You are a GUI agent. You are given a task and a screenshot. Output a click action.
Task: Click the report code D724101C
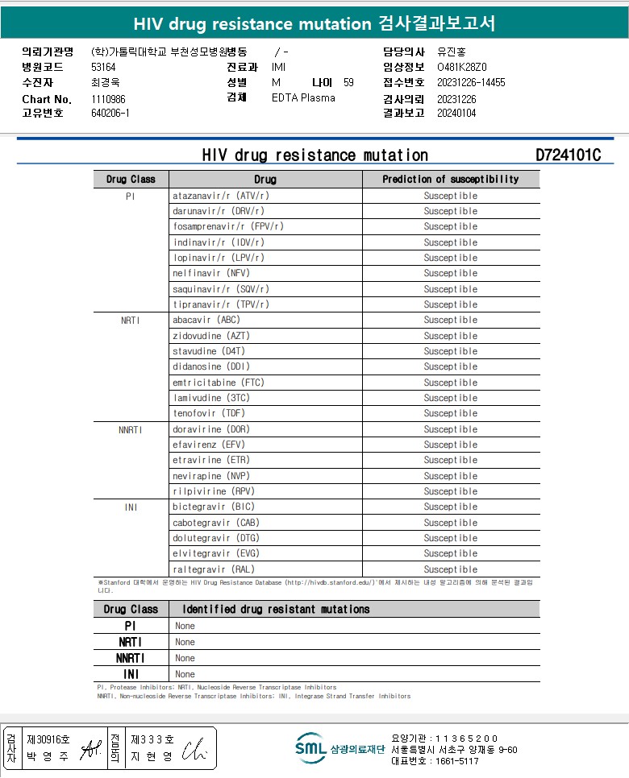pyautogui.click(x=568, y=155)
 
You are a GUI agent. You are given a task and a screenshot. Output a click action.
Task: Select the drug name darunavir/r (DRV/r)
pyautogui.click(x=213, y=211)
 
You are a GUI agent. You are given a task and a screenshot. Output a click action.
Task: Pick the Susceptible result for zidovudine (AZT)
pyautogui.click(x=451, y=336)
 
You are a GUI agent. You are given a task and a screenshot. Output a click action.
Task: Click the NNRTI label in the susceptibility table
pyautogui.click(x=130, y=429)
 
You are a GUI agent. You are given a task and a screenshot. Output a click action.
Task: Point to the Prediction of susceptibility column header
pyautogui.click(x=450, y=180)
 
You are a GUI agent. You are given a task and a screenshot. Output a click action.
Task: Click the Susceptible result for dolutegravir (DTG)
pyautogui.click(x=451, y=538)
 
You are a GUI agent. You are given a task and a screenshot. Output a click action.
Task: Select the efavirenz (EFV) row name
pyautogui.click(x=209, y=445)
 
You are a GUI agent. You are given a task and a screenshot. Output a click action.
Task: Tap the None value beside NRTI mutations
pyautogui.click(x=185, y=642)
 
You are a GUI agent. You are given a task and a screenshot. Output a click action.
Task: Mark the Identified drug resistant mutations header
pyautogui.click(x=276, y=610)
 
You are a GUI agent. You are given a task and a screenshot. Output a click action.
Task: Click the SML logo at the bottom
pyautogui.click(x=310, y=748)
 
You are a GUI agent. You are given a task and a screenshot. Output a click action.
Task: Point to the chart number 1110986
pyautogui.click(x=108, y=99)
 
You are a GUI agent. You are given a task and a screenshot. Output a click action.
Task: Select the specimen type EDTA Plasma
pyautogui.click(x=303, y=98)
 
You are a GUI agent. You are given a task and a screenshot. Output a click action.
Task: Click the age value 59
pyautogui.click(x=348, y=82)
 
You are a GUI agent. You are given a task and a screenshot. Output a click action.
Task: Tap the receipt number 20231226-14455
pyautogui.click(x=471, y=82)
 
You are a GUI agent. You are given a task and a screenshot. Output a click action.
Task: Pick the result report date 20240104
pyautogui.click(x=456, y=114)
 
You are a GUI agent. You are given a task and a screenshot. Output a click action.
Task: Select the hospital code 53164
pyautogui.click(x=103, y=68)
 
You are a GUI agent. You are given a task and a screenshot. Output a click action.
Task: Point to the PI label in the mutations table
pyautogui.click(x=130, y=626)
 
